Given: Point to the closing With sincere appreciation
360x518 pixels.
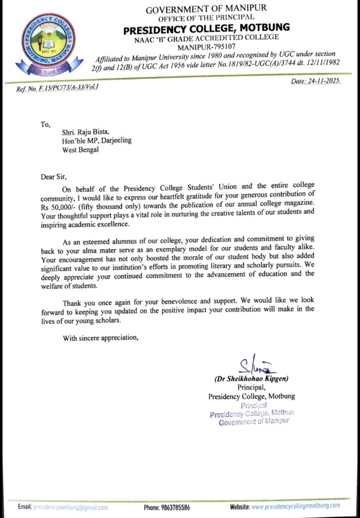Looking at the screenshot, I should pos(100,338).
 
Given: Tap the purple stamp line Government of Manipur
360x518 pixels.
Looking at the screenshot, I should pos(254,422).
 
